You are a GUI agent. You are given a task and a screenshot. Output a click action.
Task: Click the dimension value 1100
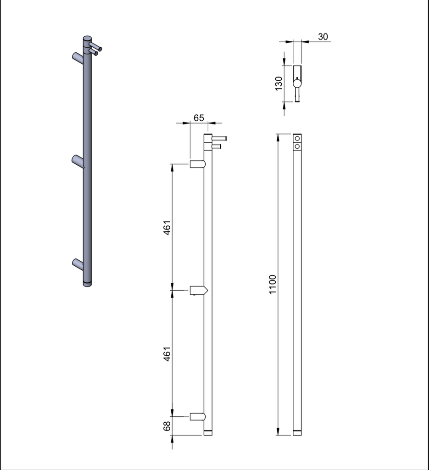click(273, 285)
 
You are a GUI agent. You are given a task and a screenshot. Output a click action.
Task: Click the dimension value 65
click(199, 117)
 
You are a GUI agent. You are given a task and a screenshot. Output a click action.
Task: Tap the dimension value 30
click(323, 37)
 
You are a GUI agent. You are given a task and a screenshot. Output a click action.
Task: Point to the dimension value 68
click(167, 425)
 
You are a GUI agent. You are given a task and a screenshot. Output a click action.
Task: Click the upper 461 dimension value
click(167, 228)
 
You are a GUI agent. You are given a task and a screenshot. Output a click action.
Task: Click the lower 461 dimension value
click(167, 354)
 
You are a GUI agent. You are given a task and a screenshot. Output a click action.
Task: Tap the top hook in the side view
click(198, 164)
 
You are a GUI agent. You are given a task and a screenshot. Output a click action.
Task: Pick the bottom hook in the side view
click(198, 416)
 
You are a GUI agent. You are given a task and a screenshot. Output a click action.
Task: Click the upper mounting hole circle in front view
click(297, 138)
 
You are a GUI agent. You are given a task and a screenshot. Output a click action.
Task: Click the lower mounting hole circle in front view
click(297, 146)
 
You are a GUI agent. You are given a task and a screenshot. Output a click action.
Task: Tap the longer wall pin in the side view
click(219, 138)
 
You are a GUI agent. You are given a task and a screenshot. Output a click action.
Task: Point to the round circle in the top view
click(297, 83)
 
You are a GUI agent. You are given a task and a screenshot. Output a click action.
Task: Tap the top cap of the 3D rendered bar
click(87, 38)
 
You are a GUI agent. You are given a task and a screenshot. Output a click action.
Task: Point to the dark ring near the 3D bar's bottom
click(87, 280)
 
